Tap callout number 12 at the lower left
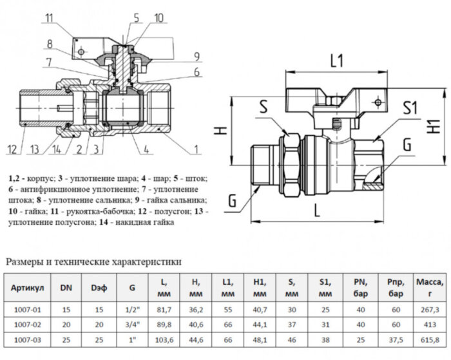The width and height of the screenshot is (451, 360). pyautogui.click(x=12, y=150)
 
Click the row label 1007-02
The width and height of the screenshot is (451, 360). pyautogui.click(x=28, y=324)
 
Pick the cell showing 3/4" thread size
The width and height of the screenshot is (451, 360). pyautogui.click(x=133, y=324)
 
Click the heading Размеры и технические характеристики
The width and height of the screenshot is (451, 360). pyautogui.click(x=93, y=261)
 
